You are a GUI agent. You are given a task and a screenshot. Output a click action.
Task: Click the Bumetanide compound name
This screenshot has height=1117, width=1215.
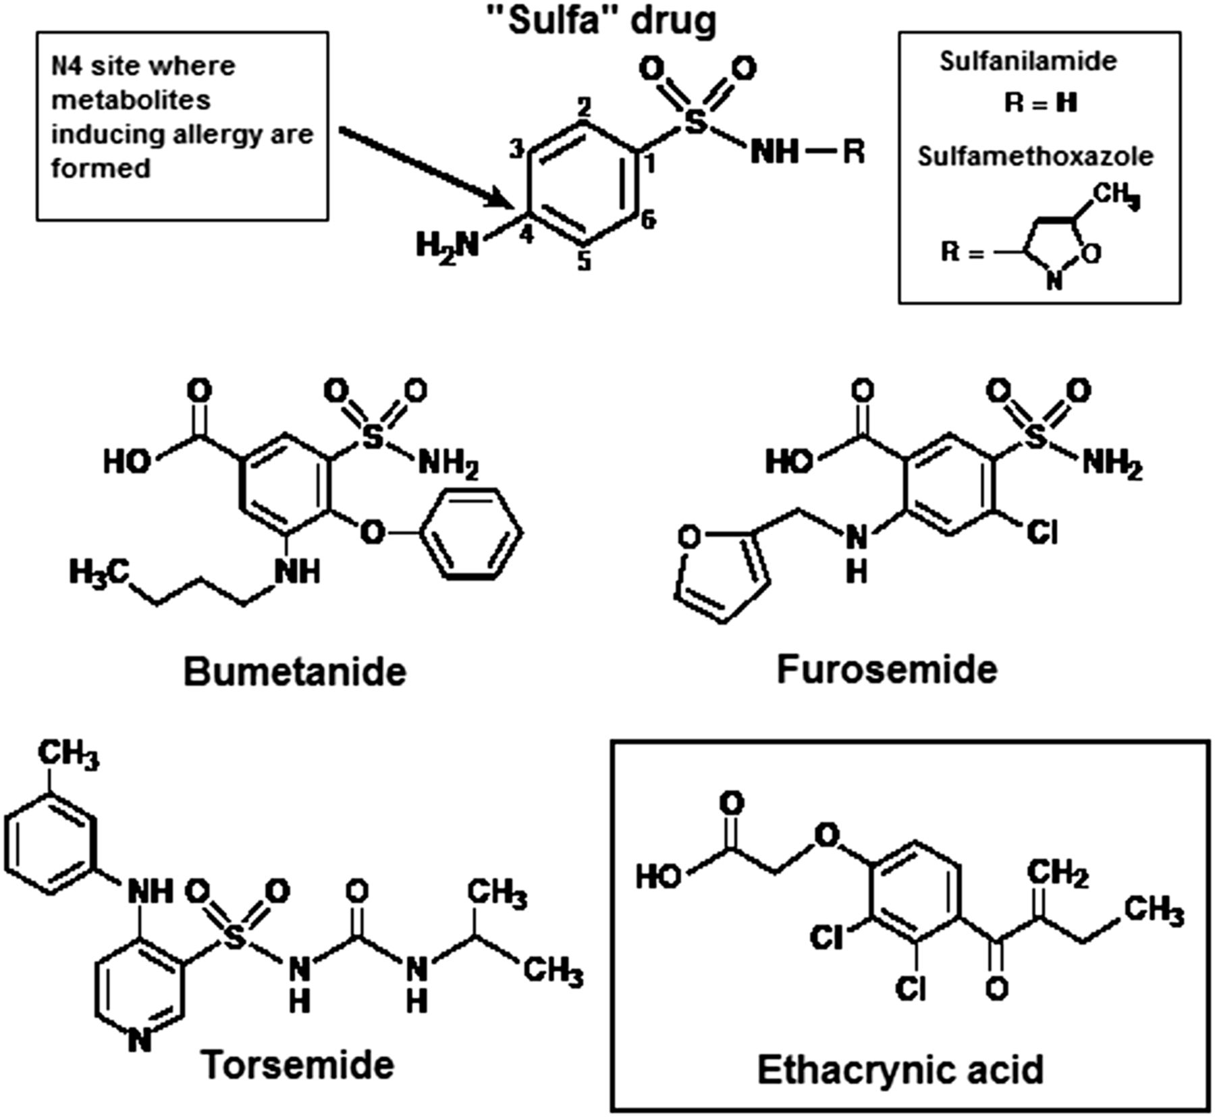click(295, 672)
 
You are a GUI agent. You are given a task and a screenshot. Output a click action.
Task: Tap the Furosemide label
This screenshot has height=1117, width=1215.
click(886, 670)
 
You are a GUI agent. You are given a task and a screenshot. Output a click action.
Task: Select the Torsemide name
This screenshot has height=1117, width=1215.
click(298, 1065)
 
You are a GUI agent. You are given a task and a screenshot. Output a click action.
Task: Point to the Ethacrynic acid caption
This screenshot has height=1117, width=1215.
click(900, 1070)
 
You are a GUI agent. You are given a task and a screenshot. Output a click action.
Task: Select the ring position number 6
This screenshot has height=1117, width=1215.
click(648, 220)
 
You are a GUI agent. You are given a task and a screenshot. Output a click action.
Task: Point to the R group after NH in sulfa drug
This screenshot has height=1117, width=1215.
click(853, 153)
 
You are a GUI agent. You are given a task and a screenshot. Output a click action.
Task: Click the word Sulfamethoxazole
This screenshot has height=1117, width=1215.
click(1035, 157)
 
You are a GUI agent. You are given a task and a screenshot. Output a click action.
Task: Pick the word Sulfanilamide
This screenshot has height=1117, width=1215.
click(1028, 61)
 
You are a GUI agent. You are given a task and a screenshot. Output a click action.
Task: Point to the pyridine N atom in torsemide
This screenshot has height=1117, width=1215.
click(139, 1041)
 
